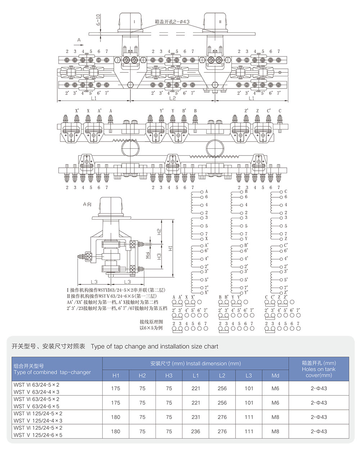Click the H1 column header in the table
116,376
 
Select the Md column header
275,376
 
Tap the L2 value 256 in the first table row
222,389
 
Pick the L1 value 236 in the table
195,431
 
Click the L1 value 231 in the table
195,417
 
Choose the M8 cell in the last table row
275,431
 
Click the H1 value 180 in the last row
116,431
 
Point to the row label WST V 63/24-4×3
36,392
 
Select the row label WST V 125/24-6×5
38,435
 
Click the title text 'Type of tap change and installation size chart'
154,346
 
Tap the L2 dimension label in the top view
172,98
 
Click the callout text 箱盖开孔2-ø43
172,22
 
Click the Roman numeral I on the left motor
134,22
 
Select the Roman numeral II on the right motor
220,22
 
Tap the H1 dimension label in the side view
170,248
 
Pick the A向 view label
87,204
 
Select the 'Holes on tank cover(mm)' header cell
319,369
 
